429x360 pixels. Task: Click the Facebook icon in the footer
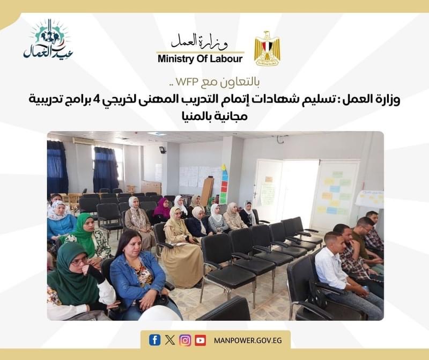click(154, 340)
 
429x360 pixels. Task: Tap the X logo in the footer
click(170, 340)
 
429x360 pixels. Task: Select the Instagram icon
click(185, 340)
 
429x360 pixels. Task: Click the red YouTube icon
click(200, 340)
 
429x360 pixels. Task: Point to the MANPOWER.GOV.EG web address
click(248, 341)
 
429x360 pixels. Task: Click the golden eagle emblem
click(267, 48)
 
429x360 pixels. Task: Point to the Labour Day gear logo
click(48, 39)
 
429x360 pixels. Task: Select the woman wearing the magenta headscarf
click(161, 209)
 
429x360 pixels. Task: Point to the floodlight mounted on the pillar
click(163, 150)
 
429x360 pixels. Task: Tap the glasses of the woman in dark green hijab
click(79, 262)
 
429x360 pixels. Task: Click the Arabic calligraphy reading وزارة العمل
click(199, 41)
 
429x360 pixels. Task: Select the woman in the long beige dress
click(182, 246)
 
